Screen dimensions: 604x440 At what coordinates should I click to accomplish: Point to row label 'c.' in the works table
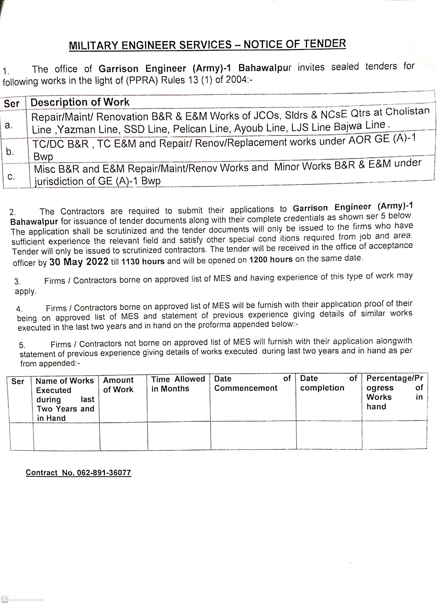(11, 176)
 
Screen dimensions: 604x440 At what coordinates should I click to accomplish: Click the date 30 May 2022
(79, 262)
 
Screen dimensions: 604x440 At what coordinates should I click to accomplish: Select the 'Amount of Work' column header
(118, 385)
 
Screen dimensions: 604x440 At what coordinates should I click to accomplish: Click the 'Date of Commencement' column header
(252, 383)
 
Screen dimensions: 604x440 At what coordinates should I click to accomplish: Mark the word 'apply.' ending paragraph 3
(25, 291)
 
